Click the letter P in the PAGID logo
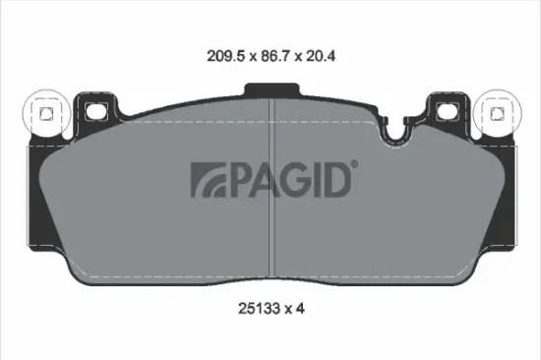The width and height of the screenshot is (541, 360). (236, 180)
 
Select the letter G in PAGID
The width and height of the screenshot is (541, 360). (291, 180)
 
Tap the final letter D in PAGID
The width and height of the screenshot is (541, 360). (334, 180)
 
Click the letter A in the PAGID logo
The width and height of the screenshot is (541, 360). (263, 180)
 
